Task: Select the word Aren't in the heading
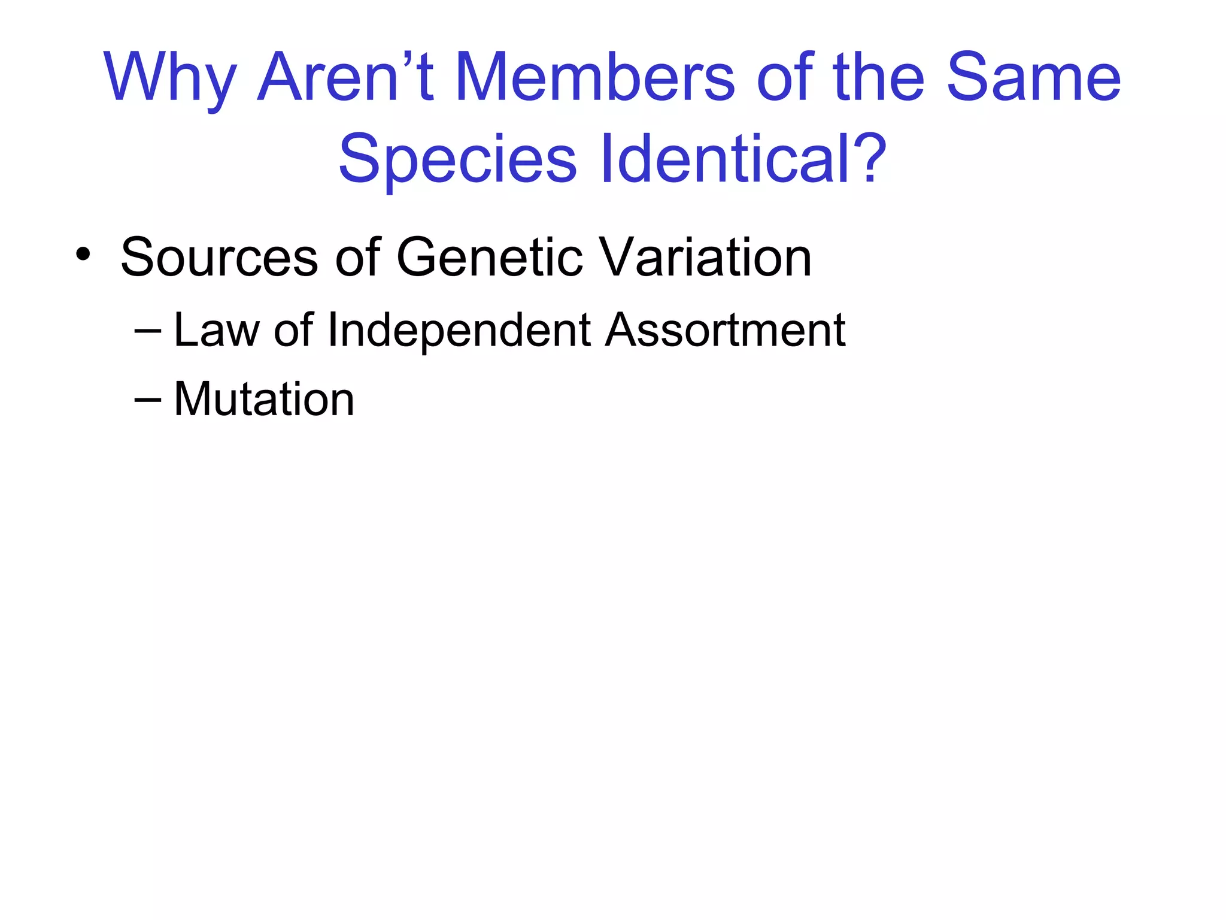(x=345, y=78)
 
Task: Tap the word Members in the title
(x=594, y=78)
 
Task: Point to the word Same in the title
(x=1033, y=78)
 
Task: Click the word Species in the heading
(x=457, y=159)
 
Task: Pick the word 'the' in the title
(x=878, y=78)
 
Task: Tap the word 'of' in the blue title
(x=785, y=78)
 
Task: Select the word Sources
(x=219, y=258)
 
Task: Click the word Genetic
(x=489, y=258)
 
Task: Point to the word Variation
(x=706, y=258)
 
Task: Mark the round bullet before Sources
(x=83, y=255)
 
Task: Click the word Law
(x=216, y=330)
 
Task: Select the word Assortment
(x=725, y=330)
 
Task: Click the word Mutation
(x=264, y=399)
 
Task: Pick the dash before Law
(x=148, y=331)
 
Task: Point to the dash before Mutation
(x=148, y=400)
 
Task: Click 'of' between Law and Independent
(x=294, y=330)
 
